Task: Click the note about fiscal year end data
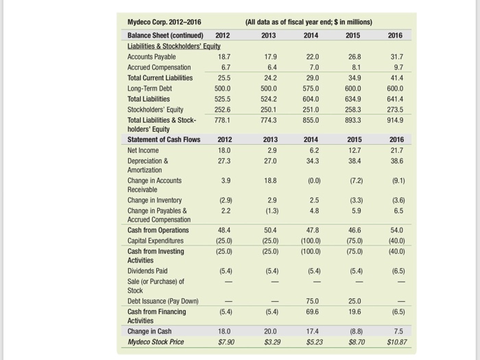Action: pyautogui.click(x=308, y=22)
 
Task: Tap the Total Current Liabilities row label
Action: pyautogui.click(x=160, y=78)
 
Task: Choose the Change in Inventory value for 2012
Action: pyautogui.click(x=224, y=200)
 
